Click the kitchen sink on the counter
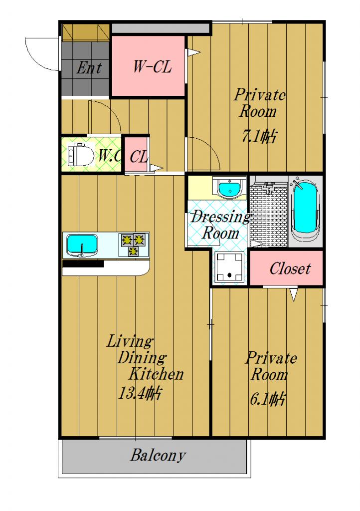click(x=82, y=245)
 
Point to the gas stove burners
click(x=134, y=245)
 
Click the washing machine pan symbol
click(x=230, y=267)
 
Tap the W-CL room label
click(x=153, y=67)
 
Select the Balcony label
click(x=158, y=455)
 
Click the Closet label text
click(x=290, y=268)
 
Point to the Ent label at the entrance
click(x=89, y=68)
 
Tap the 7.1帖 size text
click(x=259, y=136)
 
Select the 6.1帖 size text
click(x=268, y=399)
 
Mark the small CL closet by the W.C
click(x=137, y=155)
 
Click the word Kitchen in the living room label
click(x=156, y=374)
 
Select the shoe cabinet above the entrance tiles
click(x=86, y=32)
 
